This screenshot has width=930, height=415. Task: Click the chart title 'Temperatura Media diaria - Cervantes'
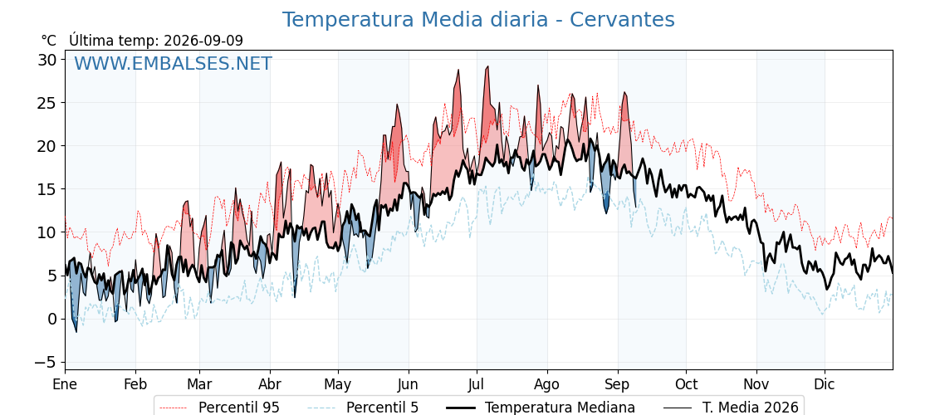tap(478, 20)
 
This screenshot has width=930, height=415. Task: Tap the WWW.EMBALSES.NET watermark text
tap(173, 63)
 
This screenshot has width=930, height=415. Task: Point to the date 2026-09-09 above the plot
tap(203, 41)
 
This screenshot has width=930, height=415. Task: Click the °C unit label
tap(49, 41)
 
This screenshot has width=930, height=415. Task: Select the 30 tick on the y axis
tap(49, 59)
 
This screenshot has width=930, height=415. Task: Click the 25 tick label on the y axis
tap(49, 103)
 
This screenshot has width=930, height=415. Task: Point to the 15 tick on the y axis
tap(49, 189)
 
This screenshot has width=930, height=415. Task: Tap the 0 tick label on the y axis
tap(53, 319)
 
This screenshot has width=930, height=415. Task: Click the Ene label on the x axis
tap(65, 384)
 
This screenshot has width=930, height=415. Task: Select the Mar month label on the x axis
tap(199, 384)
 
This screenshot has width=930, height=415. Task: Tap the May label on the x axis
tap(337, 384)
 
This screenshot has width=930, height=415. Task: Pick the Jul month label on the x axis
tap(477, 384)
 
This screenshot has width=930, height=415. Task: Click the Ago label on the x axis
tap(546, 384)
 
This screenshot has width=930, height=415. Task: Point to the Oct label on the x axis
tap(686, 384)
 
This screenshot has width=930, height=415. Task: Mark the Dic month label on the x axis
tap(825, 384)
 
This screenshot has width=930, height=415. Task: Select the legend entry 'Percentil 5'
tap(364, 408)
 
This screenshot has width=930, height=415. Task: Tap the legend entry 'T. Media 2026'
tap(731, 408)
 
